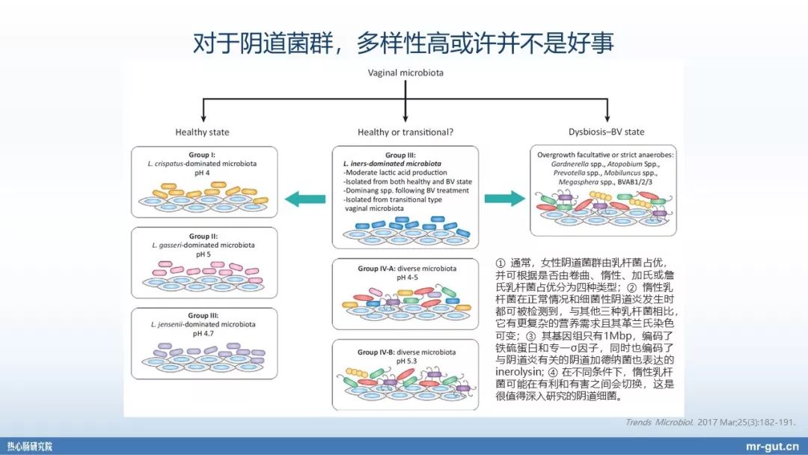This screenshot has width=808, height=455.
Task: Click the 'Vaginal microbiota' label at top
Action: (x=405, y=73)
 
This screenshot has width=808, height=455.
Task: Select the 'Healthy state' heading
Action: (x=201, y=132)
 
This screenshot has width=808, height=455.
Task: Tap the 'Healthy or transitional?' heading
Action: (x=405, y=132)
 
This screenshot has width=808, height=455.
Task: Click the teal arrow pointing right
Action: (x=504, y=198)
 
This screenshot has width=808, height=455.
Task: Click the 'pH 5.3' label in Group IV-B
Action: (x=405, y=361)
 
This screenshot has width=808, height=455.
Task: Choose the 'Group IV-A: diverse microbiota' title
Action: (x=406, y=268)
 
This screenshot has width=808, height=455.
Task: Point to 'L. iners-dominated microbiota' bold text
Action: (x=391, y=163)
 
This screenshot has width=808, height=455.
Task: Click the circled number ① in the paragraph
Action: (x=501, y=263)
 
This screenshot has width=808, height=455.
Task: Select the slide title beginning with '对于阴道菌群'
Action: (x=403, y=43)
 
